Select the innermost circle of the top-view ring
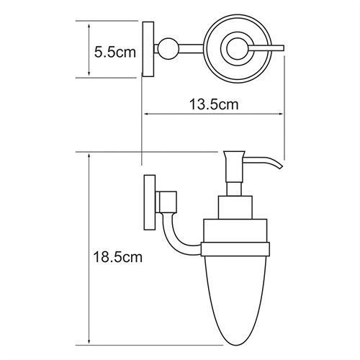pos(235,49)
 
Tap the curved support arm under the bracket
pos(180,238)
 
